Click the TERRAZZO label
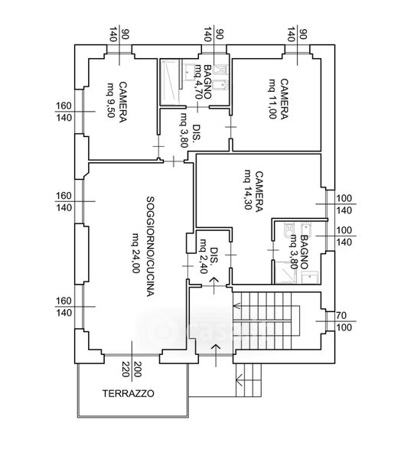(x=128, y=393)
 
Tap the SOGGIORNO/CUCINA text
(x=150, y=246)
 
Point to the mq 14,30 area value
(x=248, y=190)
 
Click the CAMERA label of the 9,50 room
(x=122, y=102)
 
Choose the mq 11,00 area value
(x=272, y=99)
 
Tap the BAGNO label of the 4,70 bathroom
(x=207, y=82)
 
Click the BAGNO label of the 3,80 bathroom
(x=304, y=252)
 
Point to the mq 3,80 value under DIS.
(x=184, y=130)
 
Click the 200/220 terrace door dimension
(x=132, y=369)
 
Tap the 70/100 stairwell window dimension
(x=342, y=321)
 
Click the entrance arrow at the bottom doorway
(x=216, y=355)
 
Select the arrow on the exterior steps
(x=239, y=379)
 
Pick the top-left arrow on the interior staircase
(x=237, y=306)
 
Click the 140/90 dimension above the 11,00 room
(x=297, y=34)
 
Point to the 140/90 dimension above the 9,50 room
(x=119, y=34)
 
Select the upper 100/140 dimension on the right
(x=344, y=204)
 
